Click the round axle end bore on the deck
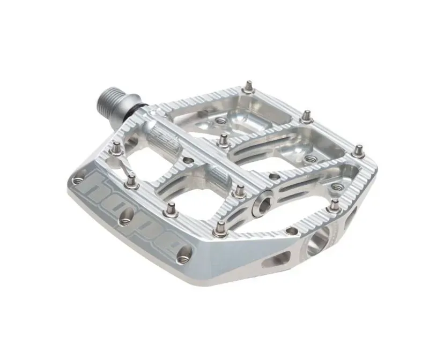pyautogui.click(x=264, y=204)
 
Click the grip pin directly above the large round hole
pyautogui.click(x=335, y=205)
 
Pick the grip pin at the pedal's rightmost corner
pyautogui.click(x=359, y=152)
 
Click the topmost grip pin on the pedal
pyautogui.click(x=250, y=85)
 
